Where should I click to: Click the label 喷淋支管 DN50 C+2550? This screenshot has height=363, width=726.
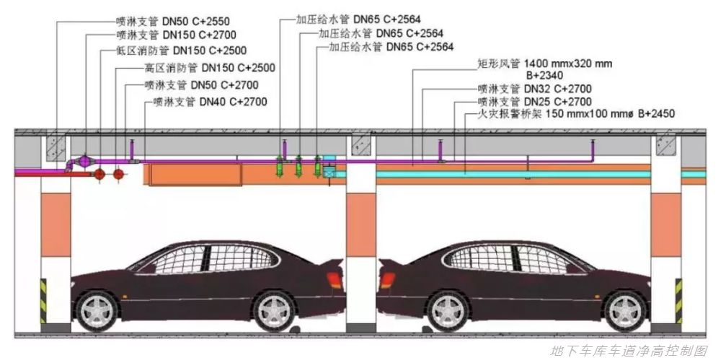point(172,21)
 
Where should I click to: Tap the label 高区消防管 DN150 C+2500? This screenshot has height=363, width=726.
point(210,68)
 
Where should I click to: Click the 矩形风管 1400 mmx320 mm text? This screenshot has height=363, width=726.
point(544,64)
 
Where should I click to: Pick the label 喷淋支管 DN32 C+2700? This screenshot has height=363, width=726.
point(534,89)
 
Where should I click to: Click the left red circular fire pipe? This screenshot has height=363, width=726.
point(99,175)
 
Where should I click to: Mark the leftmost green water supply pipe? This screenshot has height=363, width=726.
point(279,166)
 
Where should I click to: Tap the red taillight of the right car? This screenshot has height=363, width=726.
point(387,280)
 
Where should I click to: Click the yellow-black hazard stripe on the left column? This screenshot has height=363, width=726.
point(43,302)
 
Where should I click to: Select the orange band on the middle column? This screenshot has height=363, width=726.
point(361,225)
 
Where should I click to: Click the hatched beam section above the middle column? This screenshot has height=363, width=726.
point(361,146)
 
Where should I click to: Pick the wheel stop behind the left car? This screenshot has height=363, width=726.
point(294,330)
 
